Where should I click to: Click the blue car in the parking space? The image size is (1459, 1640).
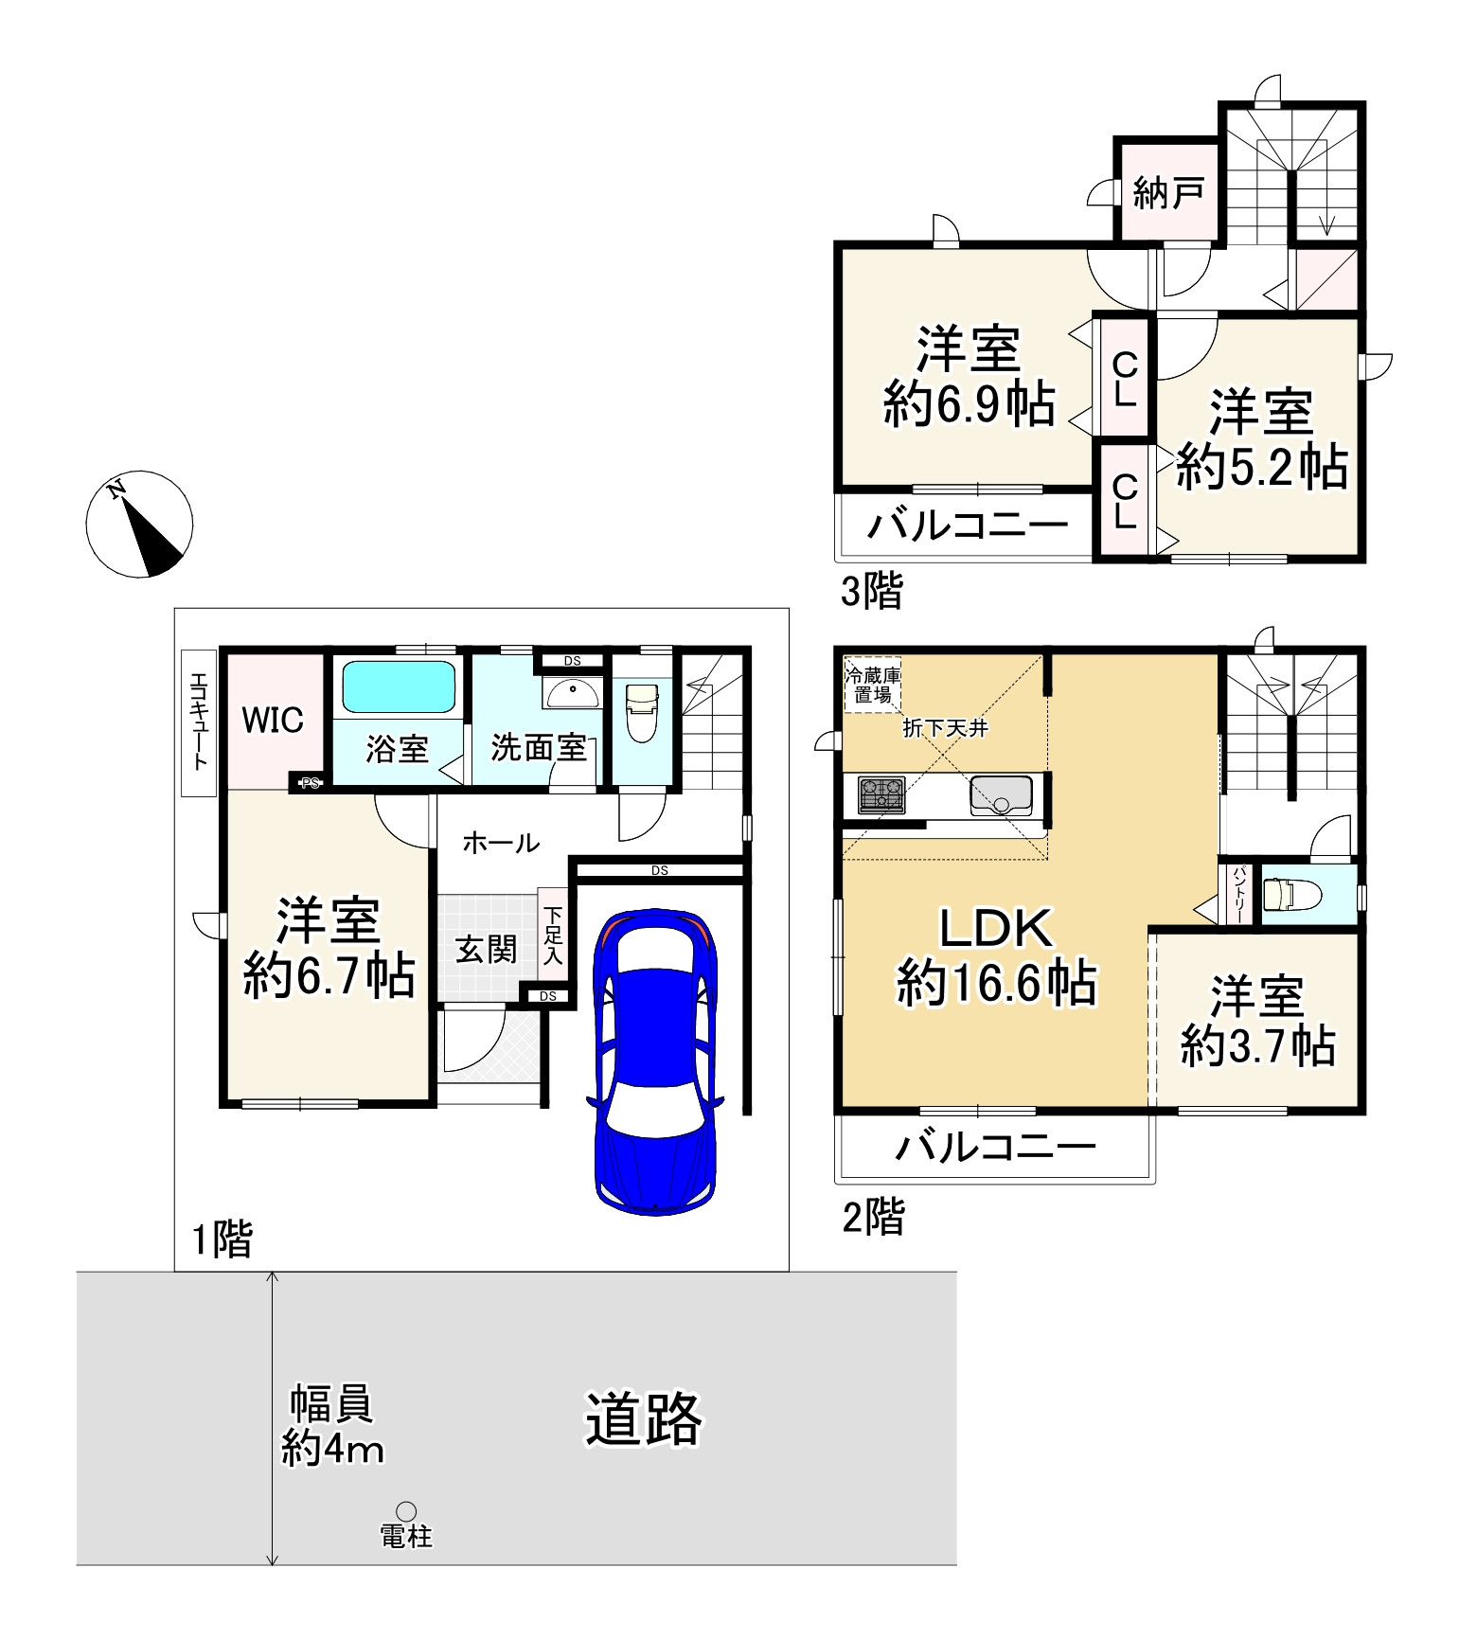[653, 1061]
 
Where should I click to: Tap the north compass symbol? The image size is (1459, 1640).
[140, 524]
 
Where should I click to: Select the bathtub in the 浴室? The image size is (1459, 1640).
[399, 686]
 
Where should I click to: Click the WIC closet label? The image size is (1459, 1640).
[273, 721]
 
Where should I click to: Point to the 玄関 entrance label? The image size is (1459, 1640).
[487, 948]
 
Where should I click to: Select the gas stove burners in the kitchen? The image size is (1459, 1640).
[881, 794]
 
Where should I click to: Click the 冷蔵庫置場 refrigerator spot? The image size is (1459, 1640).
[872, 685]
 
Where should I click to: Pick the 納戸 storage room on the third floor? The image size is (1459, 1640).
[1167, 193]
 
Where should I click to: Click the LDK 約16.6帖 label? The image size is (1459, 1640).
[996, 956]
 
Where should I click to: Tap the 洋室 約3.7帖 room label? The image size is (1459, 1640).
[1257, 1021]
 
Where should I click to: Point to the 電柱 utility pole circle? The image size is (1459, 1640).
[406, 1511]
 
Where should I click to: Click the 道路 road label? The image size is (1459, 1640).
[643, 1419]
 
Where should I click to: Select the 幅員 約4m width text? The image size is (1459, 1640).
[332, 1426]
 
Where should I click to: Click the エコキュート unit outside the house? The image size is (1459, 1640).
[199, 722]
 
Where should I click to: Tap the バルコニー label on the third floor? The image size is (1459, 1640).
[968, 525]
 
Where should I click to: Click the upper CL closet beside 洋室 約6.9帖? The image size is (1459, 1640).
[1124, 379]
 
